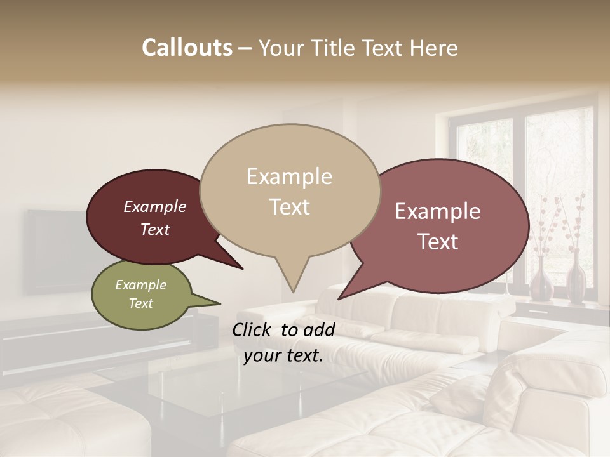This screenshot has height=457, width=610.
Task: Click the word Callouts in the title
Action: pos(187,48)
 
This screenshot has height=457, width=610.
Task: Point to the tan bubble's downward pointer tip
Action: pos(293,291)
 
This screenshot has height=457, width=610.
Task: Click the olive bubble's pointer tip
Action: pos(220,303)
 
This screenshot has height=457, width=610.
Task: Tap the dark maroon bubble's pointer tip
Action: pos(242,268)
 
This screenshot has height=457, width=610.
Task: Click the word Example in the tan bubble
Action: pos(289,176)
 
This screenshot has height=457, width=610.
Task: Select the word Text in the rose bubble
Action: pos(438,242)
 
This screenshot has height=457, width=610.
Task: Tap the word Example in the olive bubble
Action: pos(140,285)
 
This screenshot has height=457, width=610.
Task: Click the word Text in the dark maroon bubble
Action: pos(155,229)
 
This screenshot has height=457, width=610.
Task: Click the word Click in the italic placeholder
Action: pos(253,329)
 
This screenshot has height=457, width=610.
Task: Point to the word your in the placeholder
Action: pos(262,356)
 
